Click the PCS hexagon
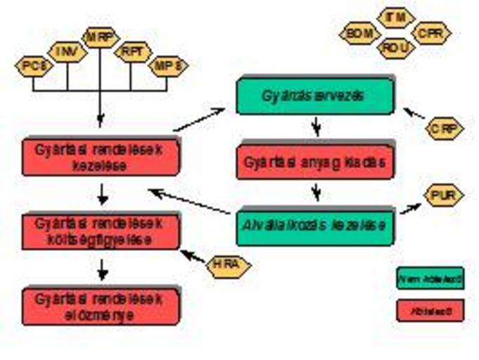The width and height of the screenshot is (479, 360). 33,66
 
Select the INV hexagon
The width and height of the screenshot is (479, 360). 68,51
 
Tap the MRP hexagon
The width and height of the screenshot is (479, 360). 101,37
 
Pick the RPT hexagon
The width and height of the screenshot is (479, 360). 133,51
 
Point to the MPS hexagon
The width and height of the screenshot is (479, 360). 169,66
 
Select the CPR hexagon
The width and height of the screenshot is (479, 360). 430,33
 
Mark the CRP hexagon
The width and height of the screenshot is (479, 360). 445,128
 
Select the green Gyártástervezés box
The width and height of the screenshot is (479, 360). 314,96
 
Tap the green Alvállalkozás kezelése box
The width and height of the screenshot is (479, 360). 314,226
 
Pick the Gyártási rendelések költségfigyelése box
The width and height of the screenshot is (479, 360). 101,231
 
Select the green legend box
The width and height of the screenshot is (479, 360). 430,279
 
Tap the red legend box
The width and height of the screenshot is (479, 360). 430,310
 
